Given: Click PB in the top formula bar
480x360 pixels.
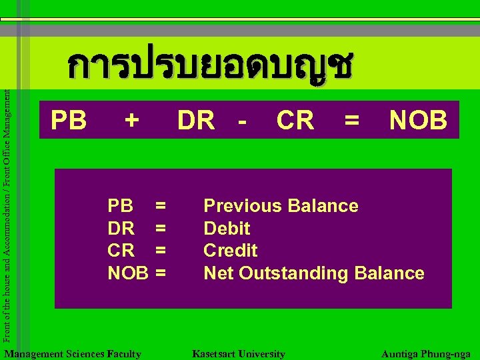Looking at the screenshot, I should pos(69,121).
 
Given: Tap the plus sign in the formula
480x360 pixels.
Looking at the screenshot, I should pos(133,121).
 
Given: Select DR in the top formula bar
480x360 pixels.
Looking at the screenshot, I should pos(195,121).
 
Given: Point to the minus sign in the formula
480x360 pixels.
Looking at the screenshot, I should pos(242,121).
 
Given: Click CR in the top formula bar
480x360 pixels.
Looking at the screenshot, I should pos(295,121).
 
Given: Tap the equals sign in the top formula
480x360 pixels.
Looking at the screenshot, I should pos(351,121).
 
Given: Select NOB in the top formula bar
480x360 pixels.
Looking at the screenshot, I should pos(419,121).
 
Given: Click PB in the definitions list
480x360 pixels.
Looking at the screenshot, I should pos(121,206).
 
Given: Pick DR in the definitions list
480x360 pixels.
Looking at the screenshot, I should pos(121,229).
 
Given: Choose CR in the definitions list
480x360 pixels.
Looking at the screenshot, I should pos(121,251).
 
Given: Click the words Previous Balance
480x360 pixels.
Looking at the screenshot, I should pos(281,206).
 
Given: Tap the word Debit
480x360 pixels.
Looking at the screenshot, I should pos(227,229).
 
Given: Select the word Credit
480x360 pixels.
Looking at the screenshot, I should pos(230,251).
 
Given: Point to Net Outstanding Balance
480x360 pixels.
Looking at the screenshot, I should pos(313,273).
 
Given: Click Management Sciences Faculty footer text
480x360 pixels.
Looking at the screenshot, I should pos(72,354).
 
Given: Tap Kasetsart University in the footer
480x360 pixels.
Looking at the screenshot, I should pos(238,354).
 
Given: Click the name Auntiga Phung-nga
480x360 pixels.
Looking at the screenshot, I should pos(426,354).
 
